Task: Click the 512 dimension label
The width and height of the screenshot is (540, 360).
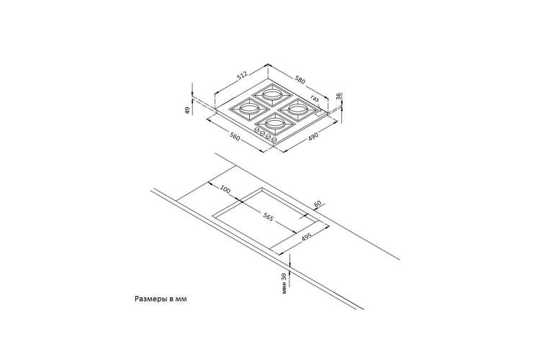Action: click(x=243, y=76)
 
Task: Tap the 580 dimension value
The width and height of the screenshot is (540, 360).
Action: click(x=300, y=80)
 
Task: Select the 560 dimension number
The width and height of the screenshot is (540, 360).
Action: click(x=235, y=137)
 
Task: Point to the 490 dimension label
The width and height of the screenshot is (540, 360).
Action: click(x=313, y=136)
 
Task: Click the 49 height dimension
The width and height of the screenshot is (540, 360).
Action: click(x=188, y=111)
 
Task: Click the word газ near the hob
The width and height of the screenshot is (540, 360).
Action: click(x=315, y=98)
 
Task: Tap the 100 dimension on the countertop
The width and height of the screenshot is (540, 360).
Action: click(x=225, y=189)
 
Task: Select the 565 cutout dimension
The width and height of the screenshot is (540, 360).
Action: click(x=268, y=217)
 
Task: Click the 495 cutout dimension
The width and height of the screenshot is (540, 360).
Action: click(x=306, y=238)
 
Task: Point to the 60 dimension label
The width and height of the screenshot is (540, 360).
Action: click(x=318, y=204)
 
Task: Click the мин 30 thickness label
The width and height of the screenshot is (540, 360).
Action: click(x=284, y=283)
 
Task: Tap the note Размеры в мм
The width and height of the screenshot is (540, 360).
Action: click(x=161, y=299)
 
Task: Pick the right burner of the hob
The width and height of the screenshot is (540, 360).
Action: click(x=298, y=109)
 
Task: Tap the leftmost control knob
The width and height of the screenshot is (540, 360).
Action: click(x=257, y=130)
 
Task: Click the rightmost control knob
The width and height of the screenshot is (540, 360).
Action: click(x=274, y=140)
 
